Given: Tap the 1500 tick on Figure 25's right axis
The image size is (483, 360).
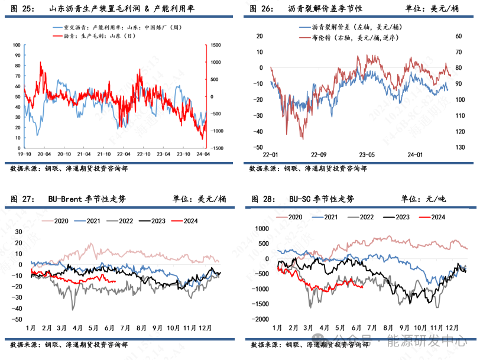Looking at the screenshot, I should tap(216, 45).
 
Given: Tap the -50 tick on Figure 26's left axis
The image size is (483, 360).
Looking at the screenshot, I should tap(258, 147).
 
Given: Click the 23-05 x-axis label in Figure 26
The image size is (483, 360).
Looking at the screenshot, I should tap(367, 155).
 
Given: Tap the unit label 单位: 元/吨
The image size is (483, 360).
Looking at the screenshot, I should tap(424, 199).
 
